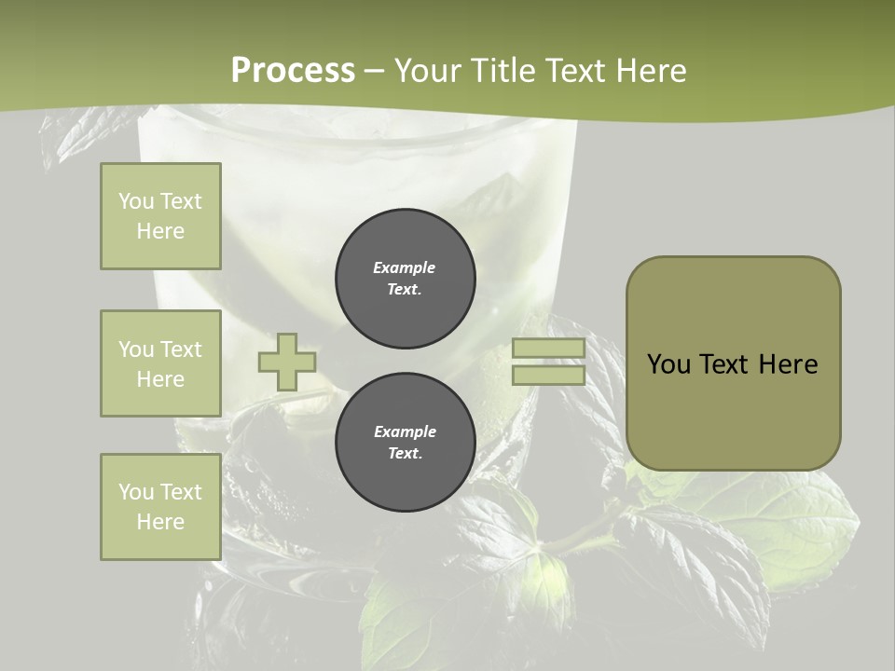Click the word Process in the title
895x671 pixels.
(x=293, y=71)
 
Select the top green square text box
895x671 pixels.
(x=160, y=216)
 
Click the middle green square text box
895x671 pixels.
(x=160, y=363)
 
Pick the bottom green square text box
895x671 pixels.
(x=160, y=507)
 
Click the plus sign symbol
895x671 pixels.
(x=286, y=362)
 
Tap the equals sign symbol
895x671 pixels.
(x=548, y=362)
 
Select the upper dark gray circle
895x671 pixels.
(x=406, y=278)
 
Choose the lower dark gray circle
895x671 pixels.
(x=406, y=442)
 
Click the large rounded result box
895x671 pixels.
(x=733, y=363)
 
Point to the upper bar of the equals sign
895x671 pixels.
(x=548, y=349)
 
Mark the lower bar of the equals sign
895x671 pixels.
(x=548, y=375)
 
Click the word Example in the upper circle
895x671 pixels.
(x=405, y=267)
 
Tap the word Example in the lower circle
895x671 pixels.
(x=405, y=431)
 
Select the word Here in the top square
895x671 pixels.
(x=160, y=231)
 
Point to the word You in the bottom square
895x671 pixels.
(x=136, y=492)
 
